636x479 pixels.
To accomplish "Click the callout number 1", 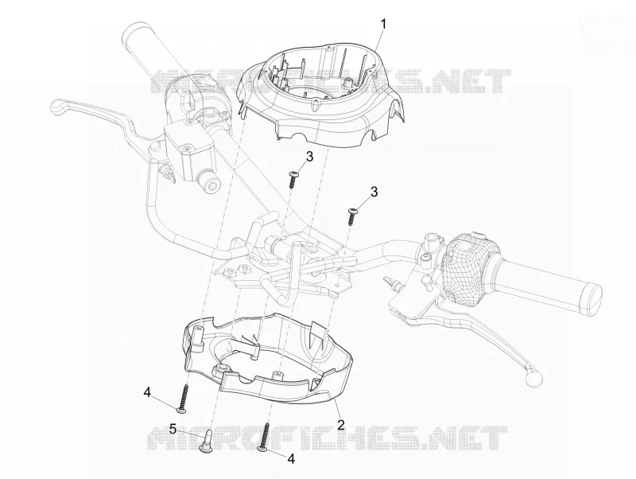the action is coord(382,24).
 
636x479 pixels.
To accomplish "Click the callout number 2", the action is coord(341,425).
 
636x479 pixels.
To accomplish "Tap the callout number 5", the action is coord(173,429).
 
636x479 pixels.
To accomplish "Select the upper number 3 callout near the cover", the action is coord(309,156).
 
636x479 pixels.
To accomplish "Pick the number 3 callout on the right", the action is coord(374,191).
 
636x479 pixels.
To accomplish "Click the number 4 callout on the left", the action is coord(147,392).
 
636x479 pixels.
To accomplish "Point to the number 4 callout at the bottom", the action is coord(291,458).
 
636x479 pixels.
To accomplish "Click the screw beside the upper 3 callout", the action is coord(293,179).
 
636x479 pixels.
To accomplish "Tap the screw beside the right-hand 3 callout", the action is coord(351,216).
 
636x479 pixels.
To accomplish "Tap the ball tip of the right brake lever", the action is coord(533,377).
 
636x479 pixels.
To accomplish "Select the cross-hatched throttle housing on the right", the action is coord(467,268).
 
